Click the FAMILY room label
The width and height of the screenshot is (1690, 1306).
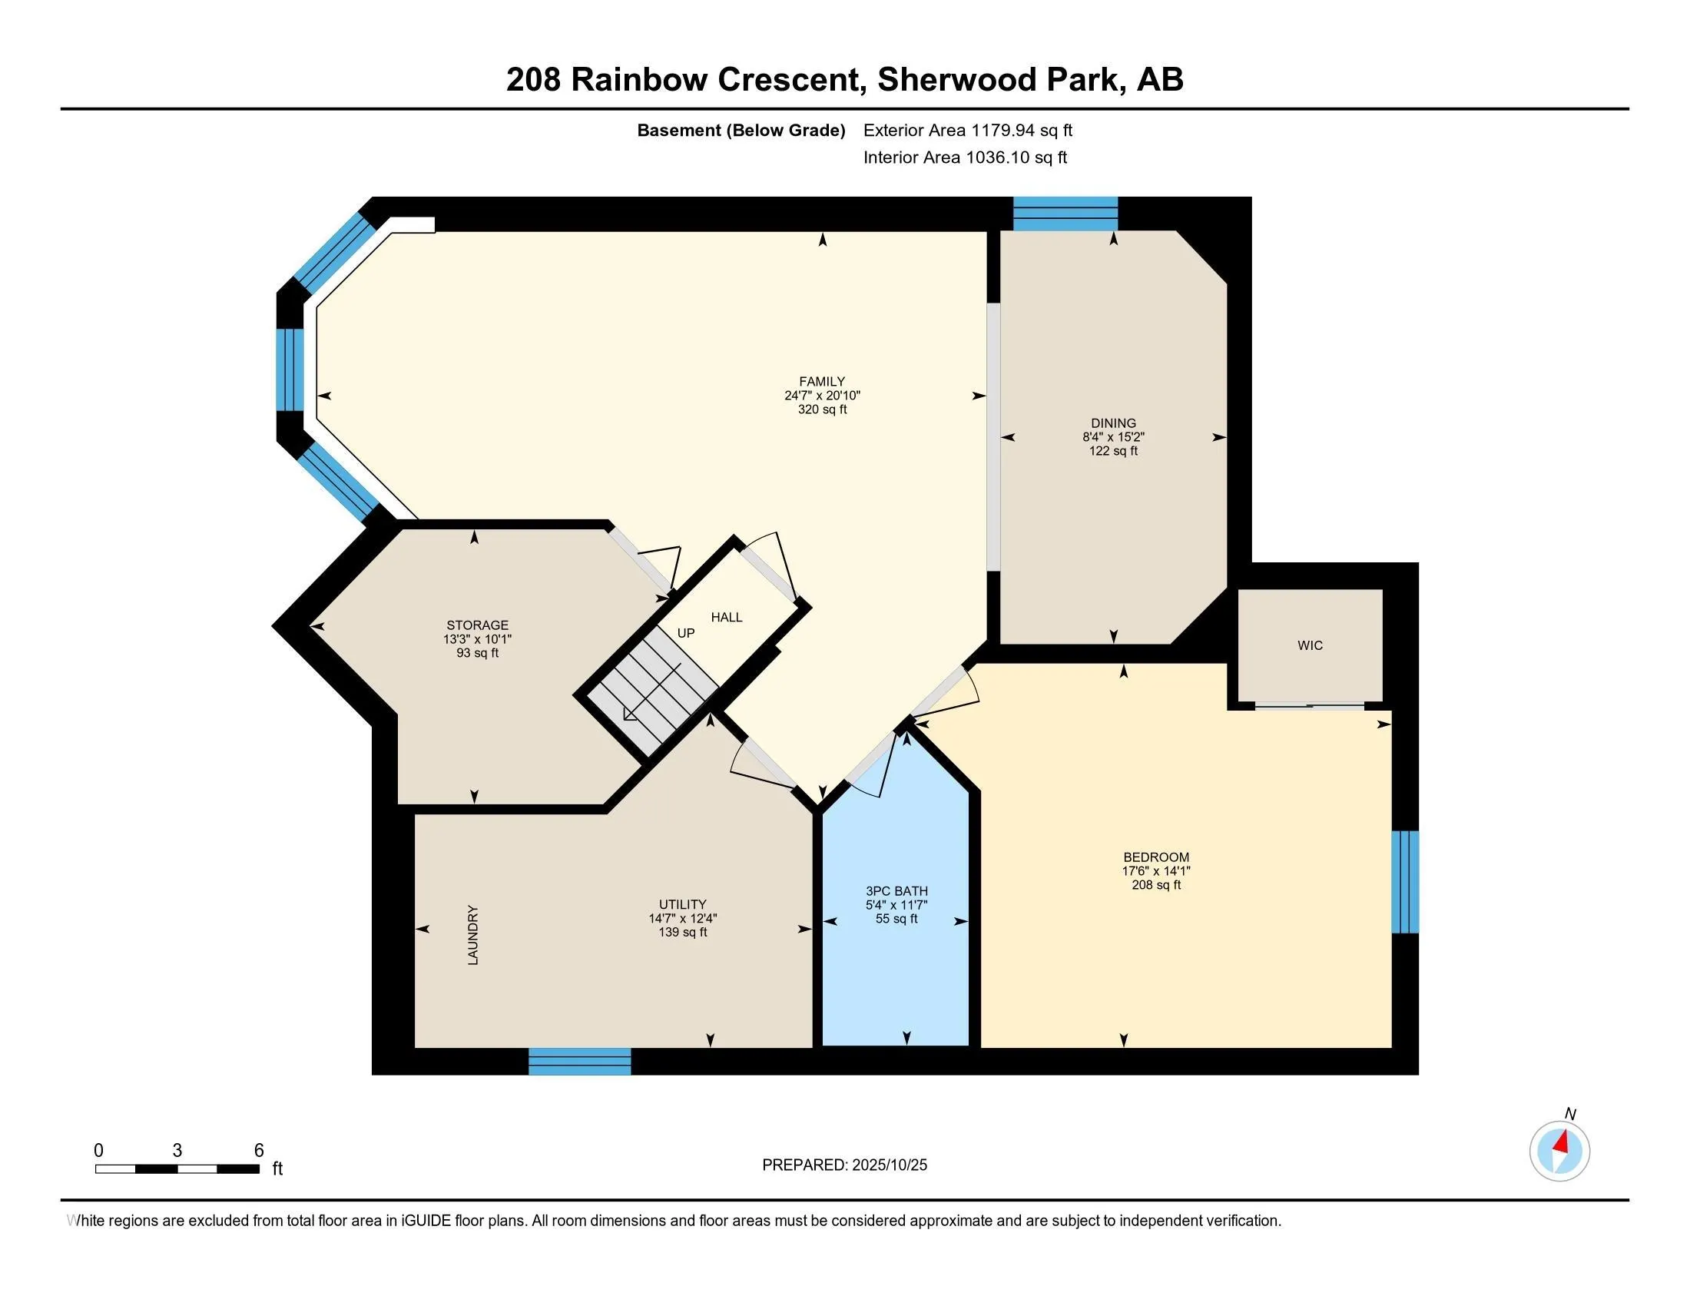822,382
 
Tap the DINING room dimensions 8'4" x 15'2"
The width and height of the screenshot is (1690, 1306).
1113,437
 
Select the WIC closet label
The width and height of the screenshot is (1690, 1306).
1309,645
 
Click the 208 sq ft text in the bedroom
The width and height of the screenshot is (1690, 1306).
1156,884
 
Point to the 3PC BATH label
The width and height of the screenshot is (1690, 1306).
896,891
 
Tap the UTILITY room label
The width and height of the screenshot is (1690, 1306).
681,904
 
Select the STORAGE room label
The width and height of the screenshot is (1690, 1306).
477,625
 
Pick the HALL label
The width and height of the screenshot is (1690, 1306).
726,618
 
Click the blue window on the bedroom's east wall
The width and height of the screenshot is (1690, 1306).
1404,881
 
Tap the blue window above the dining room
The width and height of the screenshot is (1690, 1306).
1065,214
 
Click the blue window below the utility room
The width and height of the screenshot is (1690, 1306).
579,1061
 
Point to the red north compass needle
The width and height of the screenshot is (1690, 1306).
1562,1142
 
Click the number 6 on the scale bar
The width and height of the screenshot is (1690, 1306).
259,1151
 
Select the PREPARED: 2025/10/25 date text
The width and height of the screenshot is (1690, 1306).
844,1165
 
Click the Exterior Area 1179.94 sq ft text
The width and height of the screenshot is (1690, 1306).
967,131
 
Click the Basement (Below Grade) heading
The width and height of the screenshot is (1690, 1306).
741,131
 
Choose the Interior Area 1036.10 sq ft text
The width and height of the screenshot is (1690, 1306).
964,157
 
